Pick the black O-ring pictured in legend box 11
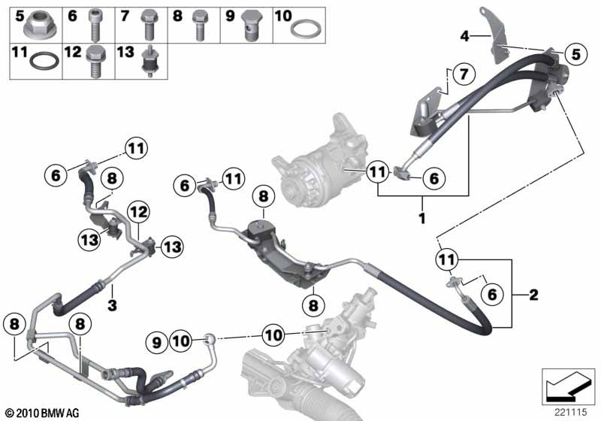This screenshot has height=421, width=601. (x=44, y=61)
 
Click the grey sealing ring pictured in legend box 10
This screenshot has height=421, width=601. (x=306, y=29)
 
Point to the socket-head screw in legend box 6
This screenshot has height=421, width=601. (x=95, y=25)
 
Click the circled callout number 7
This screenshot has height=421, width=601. (x=464, y=73)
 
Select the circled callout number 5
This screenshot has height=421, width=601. (x=575, y=53)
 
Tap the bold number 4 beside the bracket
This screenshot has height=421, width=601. (x=464, y=36)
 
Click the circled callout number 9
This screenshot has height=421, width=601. (x=157, y=342)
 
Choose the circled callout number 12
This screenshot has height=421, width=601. (x=139, y=211)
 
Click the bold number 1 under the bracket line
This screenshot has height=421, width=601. (x=422, y=218)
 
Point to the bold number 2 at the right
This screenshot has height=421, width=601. (x=533, y=295)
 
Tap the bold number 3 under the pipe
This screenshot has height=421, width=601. (x=112, y=305)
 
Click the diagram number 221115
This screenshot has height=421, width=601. (x=571, y=412)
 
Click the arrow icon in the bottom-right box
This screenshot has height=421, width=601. (x=568, y=387)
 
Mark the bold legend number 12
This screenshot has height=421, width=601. (x=73, y=51)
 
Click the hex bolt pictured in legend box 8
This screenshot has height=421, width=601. (x=199, y=26)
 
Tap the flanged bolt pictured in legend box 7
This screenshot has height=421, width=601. (x=149, y=25)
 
